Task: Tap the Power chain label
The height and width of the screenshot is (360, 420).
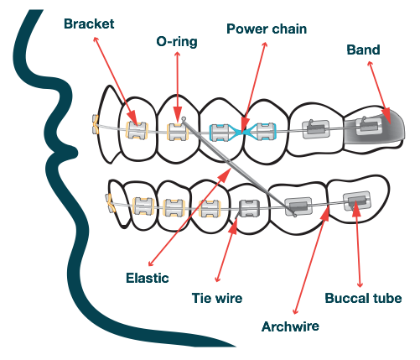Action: (x=267, y=29)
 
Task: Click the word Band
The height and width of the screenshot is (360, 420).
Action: (x=363, y=50)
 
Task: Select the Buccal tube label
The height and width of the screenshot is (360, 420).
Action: (x=363, y=298)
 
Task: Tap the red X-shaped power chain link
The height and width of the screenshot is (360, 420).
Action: (x=244, y=132)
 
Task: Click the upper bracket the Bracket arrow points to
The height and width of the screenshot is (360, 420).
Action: (x=135, y=129)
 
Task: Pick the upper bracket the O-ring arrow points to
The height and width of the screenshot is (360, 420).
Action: (x=176, y=130)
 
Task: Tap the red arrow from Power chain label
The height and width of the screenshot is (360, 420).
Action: (x=254, y=84)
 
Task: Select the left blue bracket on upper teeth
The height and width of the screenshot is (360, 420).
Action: (x=220, y=131)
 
